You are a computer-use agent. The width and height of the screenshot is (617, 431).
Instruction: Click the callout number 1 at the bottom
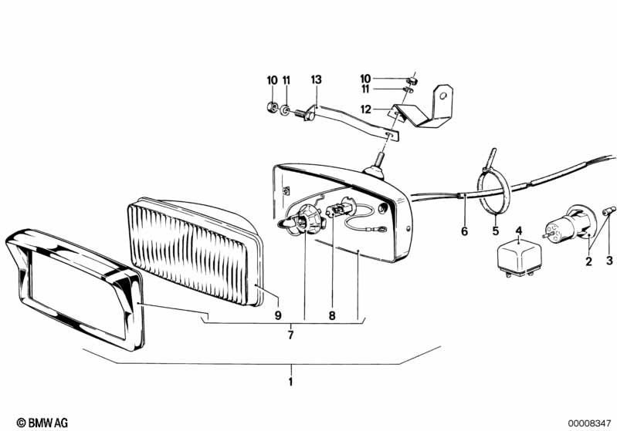point(290,382)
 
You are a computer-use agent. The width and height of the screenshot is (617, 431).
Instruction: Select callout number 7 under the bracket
point(290,335)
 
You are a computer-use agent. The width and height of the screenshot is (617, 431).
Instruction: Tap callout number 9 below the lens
point(278,315)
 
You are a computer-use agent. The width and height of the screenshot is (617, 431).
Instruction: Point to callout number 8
point(332,315)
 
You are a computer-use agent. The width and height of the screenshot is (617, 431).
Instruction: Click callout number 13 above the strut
point(317,79)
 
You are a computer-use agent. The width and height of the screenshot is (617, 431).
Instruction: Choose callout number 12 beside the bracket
point(366,109)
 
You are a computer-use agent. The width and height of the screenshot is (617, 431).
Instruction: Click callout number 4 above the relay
point(519,231)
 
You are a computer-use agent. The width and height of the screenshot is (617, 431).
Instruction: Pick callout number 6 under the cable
point(465,231)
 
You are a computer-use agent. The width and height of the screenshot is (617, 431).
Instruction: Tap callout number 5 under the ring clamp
point(496,231)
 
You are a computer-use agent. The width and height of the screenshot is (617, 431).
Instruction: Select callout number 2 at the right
point(588,261)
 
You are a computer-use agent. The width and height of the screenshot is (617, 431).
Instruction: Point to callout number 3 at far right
point(609,260)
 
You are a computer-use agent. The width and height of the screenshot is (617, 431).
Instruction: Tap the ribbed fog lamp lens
point(195,251)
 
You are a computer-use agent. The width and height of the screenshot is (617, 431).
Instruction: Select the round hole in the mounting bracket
point(443,96)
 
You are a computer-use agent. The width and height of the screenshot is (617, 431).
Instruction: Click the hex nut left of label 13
point(271,106)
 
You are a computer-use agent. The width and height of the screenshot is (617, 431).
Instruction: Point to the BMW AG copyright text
point(42,423)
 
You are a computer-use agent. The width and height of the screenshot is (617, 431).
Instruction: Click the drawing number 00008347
point(589,423)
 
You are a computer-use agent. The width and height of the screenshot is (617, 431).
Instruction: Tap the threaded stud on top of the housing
point(380,160)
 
